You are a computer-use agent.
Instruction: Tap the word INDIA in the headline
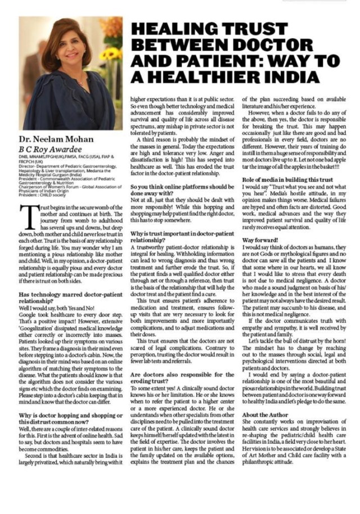[294, 77]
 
